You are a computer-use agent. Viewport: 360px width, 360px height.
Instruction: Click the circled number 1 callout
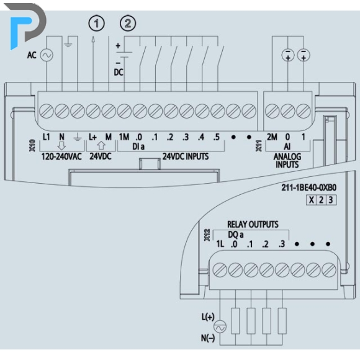(96, 24)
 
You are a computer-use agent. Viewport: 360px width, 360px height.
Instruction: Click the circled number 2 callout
(128, 24)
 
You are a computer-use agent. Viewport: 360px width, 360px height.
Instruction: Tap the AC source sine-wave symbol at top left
(47, 55)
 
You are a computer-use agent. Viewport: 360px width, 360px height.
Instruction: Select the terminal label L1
(47, 137)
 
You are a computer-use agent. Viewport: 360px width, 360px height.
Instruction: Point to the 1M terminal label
(124, 137)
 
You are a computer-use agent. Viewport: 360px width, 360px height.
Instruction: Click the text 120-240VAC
(61, 156)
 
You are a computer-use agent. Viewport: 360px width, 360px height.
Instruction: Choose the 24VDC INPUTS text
(186, 156)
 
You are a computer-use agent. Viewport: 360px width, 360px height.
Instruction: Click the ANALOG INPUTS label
(287, 161)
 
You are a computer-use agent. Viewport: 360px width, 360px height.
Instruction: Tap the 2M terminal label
(272, 137)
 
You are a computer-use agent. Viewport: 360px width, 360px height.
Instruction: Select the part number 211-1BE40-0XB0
(309, 188)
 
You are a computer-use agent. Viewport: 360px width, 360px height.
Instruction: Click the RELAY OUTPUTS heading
(253, 224)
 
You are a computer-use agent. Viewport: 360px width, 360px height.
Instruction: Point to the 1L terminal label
(220, 244)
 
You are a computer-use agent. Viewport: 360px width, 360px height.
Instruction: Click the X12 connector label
(207, 235)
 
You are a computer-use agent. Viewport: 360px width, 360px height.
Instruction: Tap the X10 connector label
(32, 145)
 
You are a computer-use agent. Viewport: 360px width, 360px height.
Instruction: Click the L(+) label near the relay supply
(208, 317)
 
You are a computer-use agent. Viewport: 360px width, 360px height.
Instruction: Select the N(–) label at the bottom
(208, 338)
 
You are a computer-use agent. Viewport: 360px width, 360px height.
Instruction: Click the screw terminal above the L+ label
(93, 111)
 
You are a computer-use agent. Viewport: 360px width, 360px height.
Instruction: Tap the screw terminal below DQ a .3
(282, 270)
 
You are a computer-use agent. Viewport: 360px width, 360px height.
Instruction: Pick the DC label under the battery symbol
(119, 73)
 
